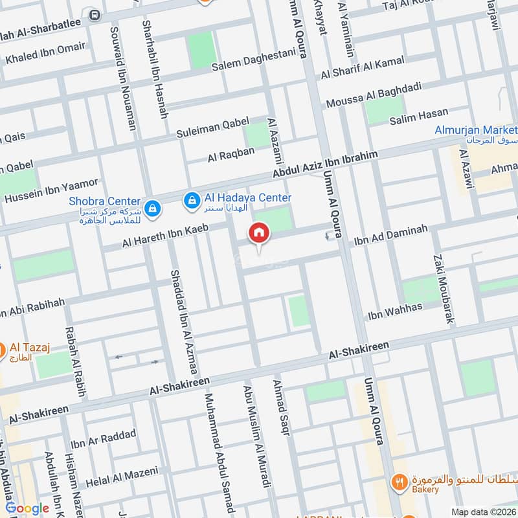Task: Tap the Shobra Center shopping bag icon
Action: [152, 208]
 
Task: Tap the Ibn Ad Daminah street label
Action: [390, 236]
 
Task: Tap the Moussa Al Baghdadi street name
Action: [374, 95]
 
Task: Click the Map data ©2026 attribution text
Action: [483, 512]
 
